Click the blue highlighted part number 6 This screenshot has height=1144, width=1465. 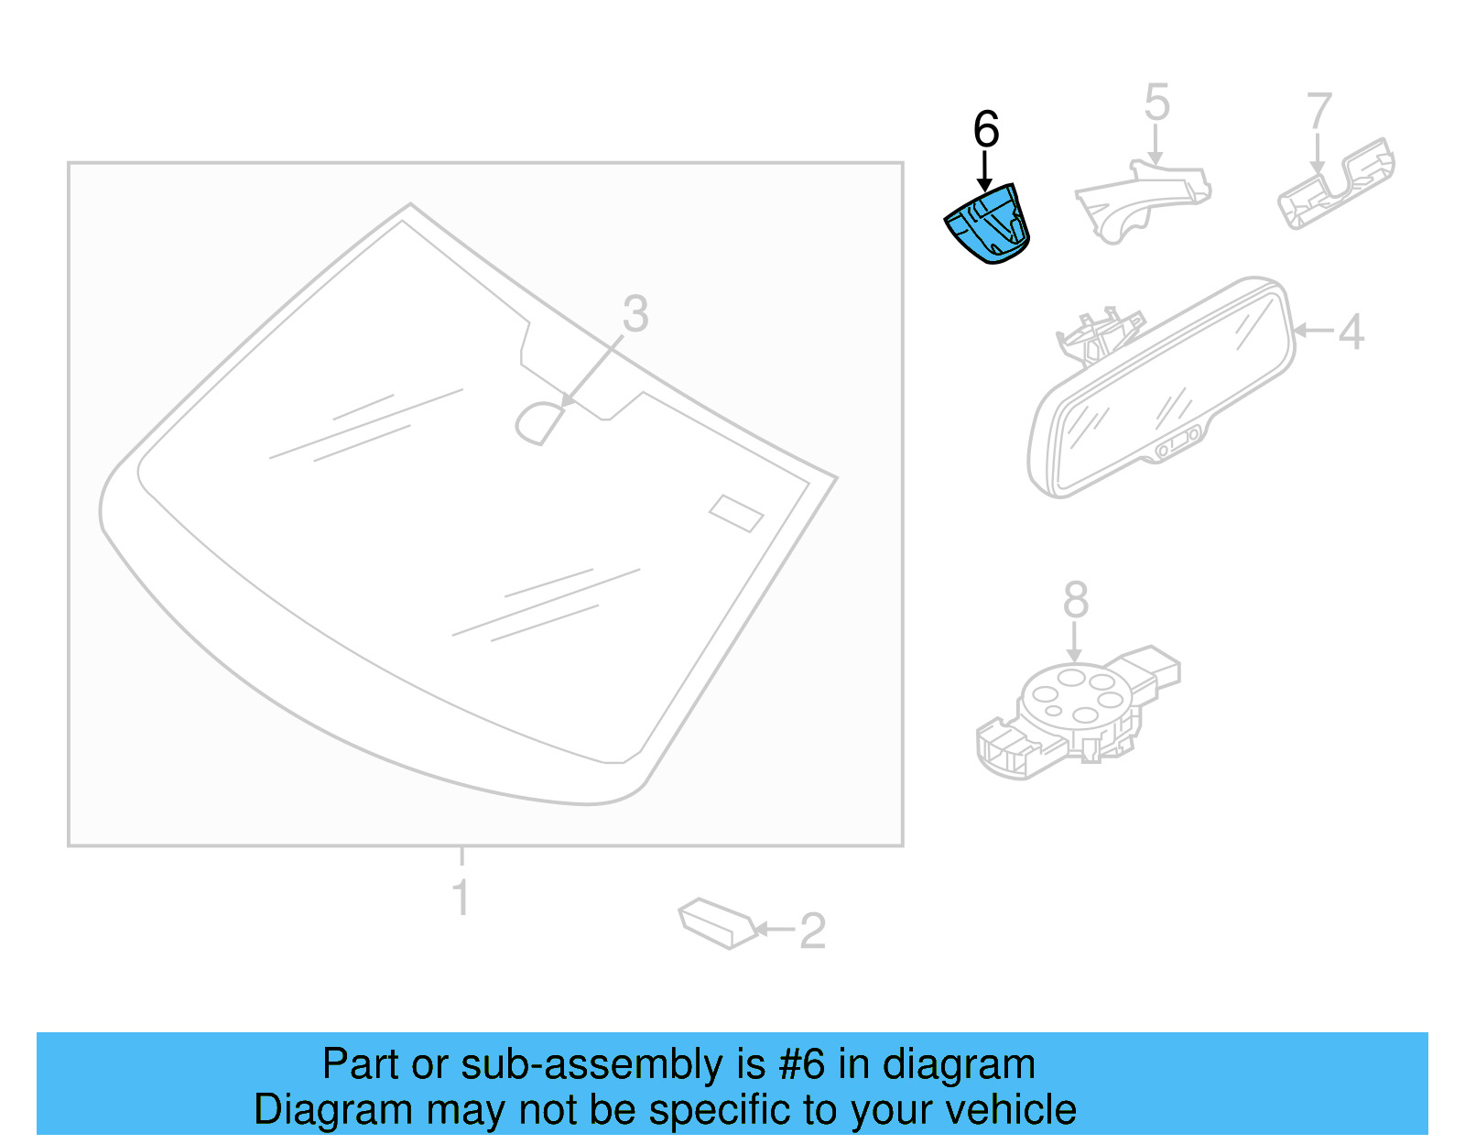(988, 225)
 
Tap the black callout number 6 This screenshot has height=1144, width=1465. (985, 129)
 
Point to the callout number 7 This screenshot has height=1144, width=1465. (1318, 111)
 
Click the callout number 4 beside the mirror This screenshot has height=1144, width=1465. (1351, 332)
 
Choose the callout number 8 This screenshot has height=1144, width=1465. (1076, 601)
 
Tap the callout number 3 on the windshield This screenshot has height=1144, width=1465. (635, 314)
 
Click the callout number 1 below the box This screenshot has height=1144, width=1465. (461, 897)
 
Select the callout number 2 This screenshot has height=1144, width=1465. (812, 932)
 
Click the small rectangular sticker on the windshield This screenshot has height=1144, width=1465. (736, 513)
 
